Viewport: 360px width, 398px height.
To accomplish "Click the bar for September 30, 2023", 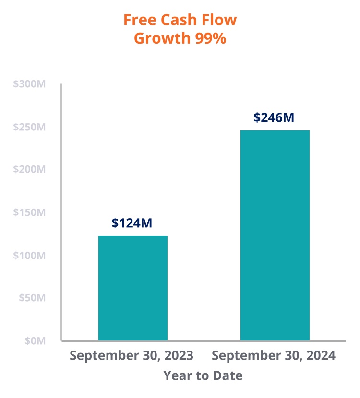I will click(x=133, y=288).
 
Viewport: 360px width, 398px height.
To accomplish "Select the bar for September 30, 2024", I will click(x=275, y=235).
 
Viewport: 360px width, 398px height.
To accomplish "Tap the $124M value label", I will click(x=132, y=223).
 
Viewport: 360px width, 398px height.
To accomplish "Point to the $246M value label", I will click(x=274, y=117).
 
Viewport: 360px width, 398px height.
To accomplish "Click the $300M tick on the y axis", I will click(x=30, y=84).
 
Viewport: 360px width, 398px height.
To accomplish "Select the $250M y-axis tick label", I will click(x=30, y=127).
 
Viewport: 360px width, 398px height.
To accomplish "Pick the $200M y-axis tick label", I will click(x=30, y=170).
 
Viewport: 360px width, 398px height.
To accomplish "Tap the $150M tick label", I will click(x=30, y=212).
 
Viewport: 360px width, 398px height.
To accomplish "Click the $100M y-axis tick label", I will click(x=30, y=256).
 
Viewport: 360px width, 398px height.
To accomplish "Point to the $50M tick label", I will click(x=33, y=298).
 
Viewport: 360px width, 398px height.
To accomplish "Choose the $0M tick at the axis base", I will click(x=35, y=341).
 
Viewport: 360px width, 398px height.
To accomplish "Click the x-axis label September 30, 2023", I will click(x=132, y=356).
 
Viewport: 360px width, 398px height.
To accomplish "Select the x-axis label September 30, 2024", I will click(x=274, y=356).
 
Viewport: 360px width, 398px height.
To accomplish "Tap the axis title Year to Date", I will click(x=203, y=375).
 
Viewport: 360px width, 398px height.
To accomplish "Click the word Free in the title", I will click(x=137, y=20).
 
